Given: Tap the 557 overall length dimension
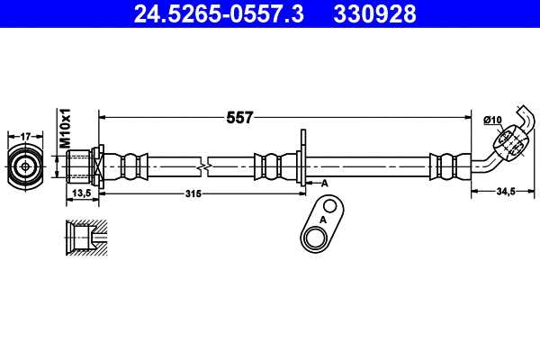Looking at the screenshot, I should point(240,117).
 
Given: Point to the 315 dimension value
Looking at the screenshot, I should point(193,193).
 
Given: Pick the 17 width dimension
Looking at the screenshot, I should point(26,136).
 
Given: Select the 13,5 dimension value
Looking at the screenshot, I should point(82,193).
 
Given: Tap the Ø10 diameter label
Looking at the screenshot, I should point(492,119).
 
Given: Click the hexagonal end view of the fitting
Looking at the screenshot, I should point(26,166).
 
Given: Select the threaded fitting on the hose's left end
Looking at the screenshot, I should point(84,166).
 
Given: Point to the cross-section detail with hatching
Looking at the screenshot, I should point(85,238).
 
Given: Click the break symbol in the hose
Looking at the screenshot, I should point(206,166).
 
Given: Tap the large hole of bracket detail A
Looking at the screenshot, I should point(315,237).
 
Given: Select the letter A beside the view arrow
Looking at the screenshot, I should point(325,183).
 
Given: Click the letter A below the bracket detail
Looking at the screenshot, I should point(322,219).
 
